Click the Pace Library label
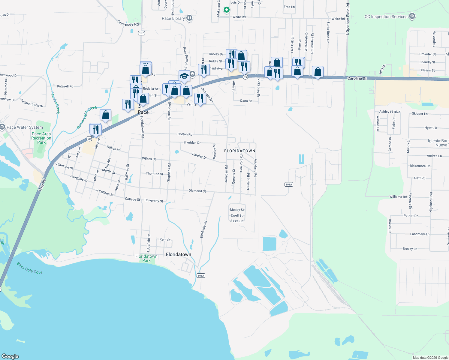pyautogui.click(x=173, y=18)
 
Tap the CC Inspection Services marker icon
pyautogui.click(x=412, y=16)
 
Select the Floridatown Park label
pyautogui.click(x=146, y=258)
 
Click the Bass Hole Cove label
pyautogui.click(x=30, y=268)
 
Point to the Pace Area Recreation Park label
pyautogui.click(x=41, y=138)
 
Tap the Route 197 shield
pyautogui.click(x=142, y=33)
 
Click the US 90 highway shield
pyautogui.click(x=89, y=139)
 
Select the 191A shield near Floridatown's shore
pyautogui.click(x=201, y=275)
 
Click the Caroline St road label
pyautogui.click(x=357, y=78)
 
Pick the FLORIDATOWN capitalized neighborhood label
pyautogui.click(x=240, y=151)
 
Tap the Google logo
pyautogui.click(x=10, y=356)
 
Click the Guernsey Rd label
pyautogui.click(x=128, y=23)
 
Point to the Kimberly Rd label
pyautogui.click(x=203, y=229)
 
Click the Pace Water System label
pyautogui.click(x=25, y=127)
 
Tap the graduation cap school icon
pyautogui.click(x=184, y=76)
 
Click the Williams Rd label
pyautogui.click(x=398, y=197)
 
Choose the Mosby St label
pyautogui.click(x=237, y=210)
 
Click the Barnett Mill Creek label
pyautogui.click(x=87, y=117)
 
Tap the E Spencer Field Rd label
pyautogui.click(x=348, y=19)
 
